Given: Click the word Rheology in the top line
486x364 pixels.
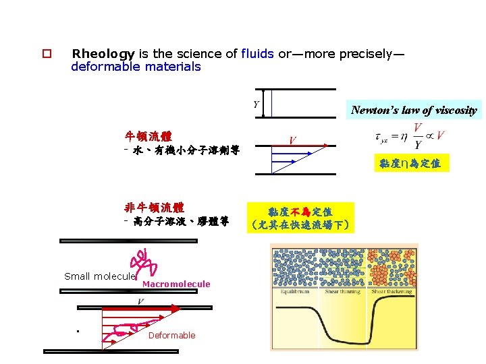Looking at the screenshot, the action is [103, 53].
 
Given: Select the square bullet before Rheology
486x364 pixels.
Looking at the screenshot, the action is [47, 54].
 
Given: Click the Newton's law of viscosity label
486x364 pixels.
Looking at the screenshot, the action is [414, 110].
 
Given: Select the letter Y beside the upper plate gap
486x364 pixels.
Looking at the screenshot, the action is [256, 103].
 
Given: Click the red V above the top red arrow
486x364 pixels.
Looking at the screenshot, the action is [292, 140].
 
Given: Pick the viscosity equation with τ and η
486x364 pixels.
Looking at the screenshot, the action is [408, 137].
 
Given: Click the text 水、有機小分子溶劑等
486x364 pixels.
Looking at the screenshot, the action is [182, 150].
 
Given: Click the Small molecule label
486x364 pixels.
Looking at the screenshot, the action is [100, 276].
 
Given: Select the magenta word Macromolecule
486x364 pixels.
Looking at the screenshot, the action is [176, 284].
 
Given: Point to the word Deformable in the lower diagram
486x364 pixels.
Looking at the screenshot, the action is [171, 335].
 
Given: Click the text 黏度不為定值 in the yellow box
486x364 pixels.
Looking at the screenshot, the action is [300, 212].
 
